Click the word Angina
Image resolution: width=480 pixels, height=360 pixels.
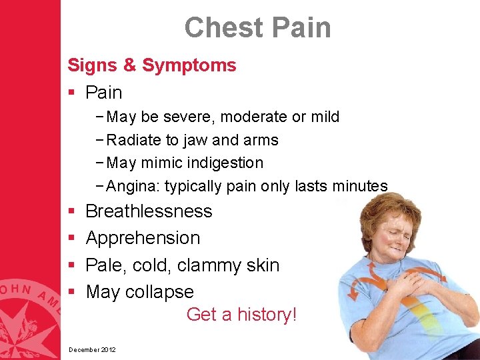click(x=132, y=187)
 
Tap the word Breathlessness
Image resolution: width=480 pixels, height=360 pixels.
click(x=149, y=211)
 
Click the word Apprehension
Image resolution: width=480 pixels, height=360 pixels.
click(x=143, y=238)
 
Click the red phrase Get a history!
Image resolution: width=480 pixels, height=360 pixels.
click(x=241, y=314)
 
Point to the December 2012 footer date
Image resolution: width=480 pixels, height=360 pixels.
click(x=92, y=349)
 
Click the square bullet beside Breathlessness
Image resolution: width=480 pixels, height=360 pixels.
click(x=70, y=212)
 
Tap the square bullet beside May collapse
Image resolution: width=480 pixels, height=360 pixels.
click(x=70, y=293)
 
